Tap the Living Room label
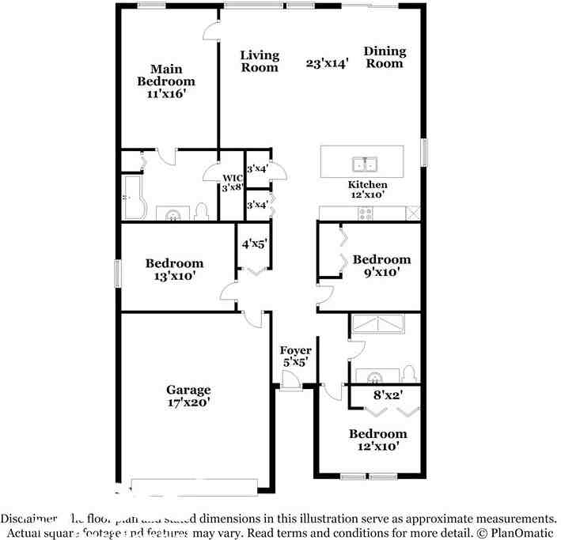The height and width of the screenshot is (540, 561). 260,61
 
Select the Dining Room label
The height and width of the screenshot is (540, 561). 385,57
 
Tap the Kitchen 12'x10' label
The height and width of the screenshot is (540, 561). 368,189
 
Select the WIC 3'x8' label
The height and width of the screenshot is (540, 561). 231,183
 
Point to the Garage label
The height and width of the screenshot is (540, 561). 188,395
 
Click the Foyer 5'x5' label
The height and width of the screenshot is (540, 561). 296,356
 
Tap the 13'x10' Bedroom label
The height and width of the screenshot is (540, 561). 174,270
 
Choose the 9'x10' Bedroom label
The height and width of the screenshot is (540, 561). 381,266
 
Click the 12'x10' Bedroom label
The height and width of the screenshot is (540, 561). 378,440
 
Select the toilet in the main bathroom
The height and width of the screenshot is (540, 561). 201,210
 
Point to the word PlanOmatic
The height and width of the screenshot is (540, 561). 523,532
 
